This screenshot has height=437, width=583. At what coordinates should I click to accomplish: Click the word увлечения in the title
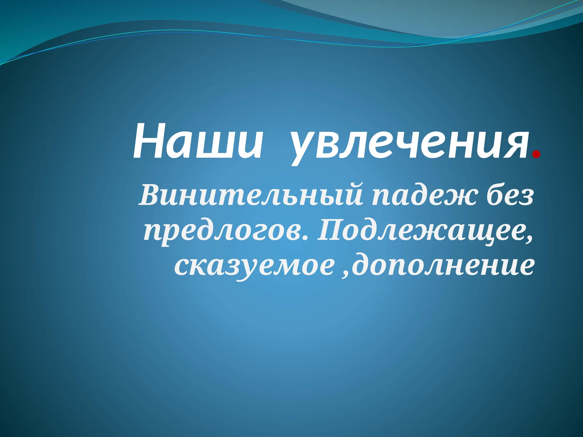[x=408, y=144]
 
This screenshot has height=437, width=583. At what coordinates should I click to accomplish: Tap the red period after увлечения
[x=536, y=155]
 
